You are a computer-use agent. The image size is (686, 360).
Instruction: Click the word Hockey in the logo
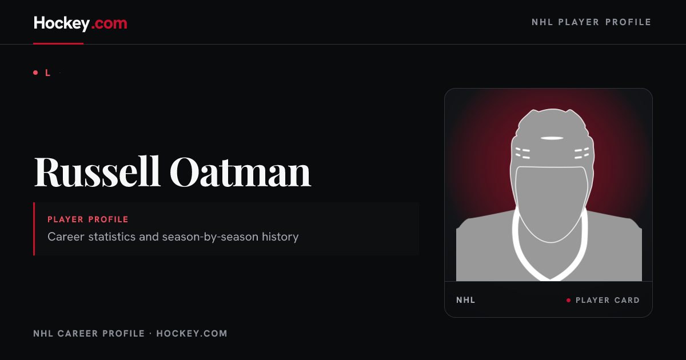62,23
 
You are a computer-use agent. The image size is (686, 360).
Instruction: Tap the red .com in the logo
109,23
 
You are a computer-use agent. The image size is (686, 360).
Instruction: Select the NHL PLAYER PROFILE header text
591,22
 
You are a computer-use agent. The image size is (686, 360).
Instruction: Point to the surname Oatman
241,172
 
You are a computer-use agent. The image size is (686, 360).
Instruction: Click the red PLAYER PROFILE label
88,219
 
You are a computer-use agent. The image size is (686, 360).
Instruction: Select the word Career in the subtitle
66,237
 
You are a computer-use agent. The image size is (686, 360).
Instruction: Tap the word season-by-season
210,237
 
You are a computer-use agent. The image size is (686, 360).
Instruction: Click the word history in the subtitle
280,237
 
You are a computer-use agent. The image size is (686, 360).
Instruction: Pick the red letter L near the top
48,73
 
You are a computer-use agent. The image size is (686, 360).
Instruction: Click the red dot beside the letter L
35,73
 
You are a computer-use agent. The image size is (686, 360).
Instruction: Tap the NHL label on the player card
465,300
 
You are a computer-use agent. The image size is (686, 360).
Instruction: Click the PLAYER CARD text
608,300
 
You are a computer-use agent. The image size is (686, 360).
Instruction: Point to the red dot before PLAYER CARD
568,301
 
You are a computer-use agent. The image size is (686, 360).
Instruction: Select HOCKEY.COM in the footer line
192,333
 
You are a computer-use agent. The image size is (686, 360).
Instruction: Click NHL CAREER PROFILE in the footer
89,333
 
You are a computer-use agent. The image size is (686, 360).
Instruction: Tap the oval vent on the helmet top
552,138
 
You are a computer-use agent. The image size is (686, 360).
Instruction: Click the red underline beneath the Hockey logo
58,43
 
